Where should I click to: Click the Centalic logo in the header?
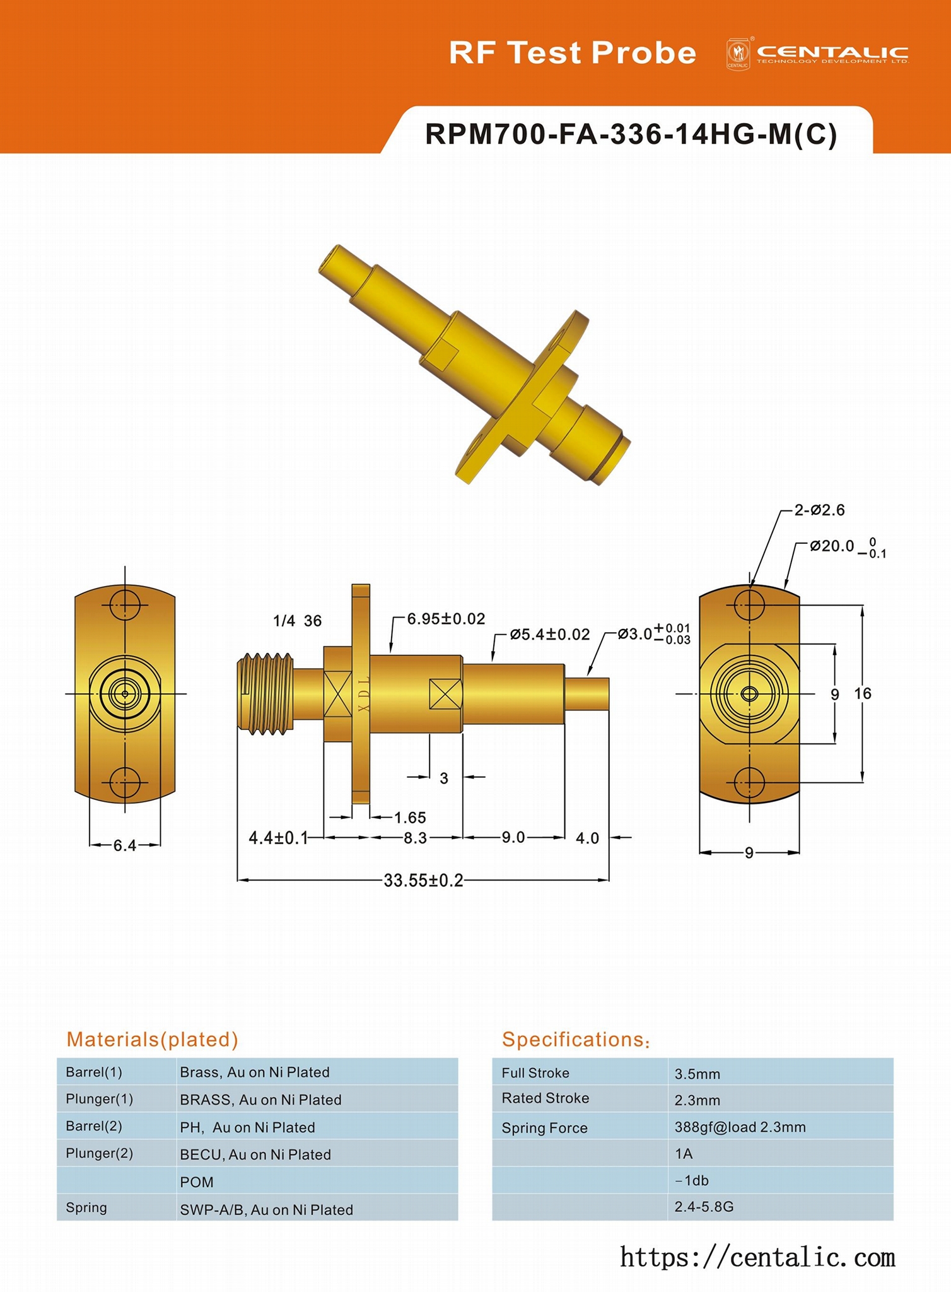(x=817, y=54)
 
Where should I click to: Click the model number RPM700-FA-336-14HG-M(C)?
(x=631, y=134)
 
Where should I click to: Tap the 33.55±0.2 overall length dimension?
(x=423, y=880)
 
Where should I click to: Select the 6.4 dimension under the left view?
(x=125, y=845)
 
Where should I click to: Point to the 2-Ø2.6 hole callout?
(x=819, y=510)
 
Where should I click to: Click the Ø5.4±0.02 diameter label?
(x=549, y=634)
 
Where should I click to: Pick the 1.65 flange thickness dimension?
(x=410, y=818)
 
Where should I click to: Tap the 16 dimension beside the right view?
(x=862, y=694)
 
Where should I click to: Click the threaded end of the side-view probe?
(x=265, y=694)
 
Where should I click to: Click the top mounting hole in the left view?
(x=125, y=605)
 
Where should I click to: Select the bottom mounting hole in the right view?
(x=749, y=783)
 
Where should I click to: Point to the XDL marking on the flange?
(x=363, y=694)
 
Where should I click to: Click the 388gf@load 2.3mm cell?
(x=740, y=1127)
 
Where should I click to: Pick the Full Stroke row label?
(x=535, y=1072)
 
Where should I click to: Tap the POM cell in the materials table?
(x=197, y=1182)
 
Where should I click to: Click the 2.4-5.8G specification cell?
(x=704, y=1207)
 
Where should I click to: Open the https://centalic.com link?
(x=757, y=1257)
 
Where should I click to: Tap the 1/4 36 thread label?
(x=297, y=621)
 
